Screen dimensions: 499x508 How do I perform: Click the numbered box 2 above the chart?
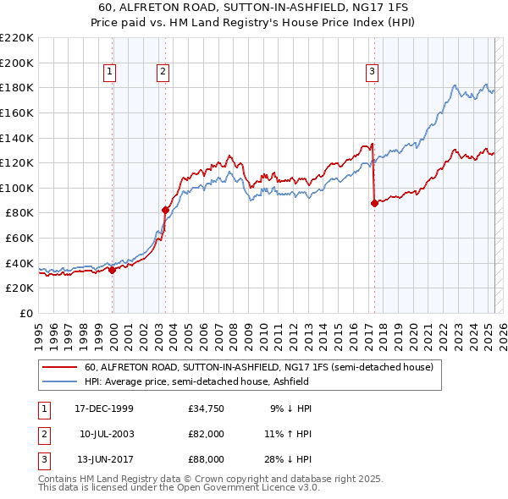[162, 72]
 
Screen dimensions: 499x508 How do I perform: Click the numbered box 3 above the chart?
[372, 72]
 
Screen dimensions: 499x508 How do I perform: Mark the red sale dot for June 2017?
[374, 203]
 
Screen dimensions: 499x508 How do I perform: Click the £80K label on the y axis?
[20, 213]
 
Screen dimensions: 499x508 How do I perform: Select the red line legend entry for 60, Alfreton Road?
[259, 368]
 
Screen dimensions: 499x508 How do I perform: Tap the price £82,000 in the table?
[207, 434]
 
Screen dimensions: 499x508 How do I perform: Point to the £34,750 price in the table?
[207, 409]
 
